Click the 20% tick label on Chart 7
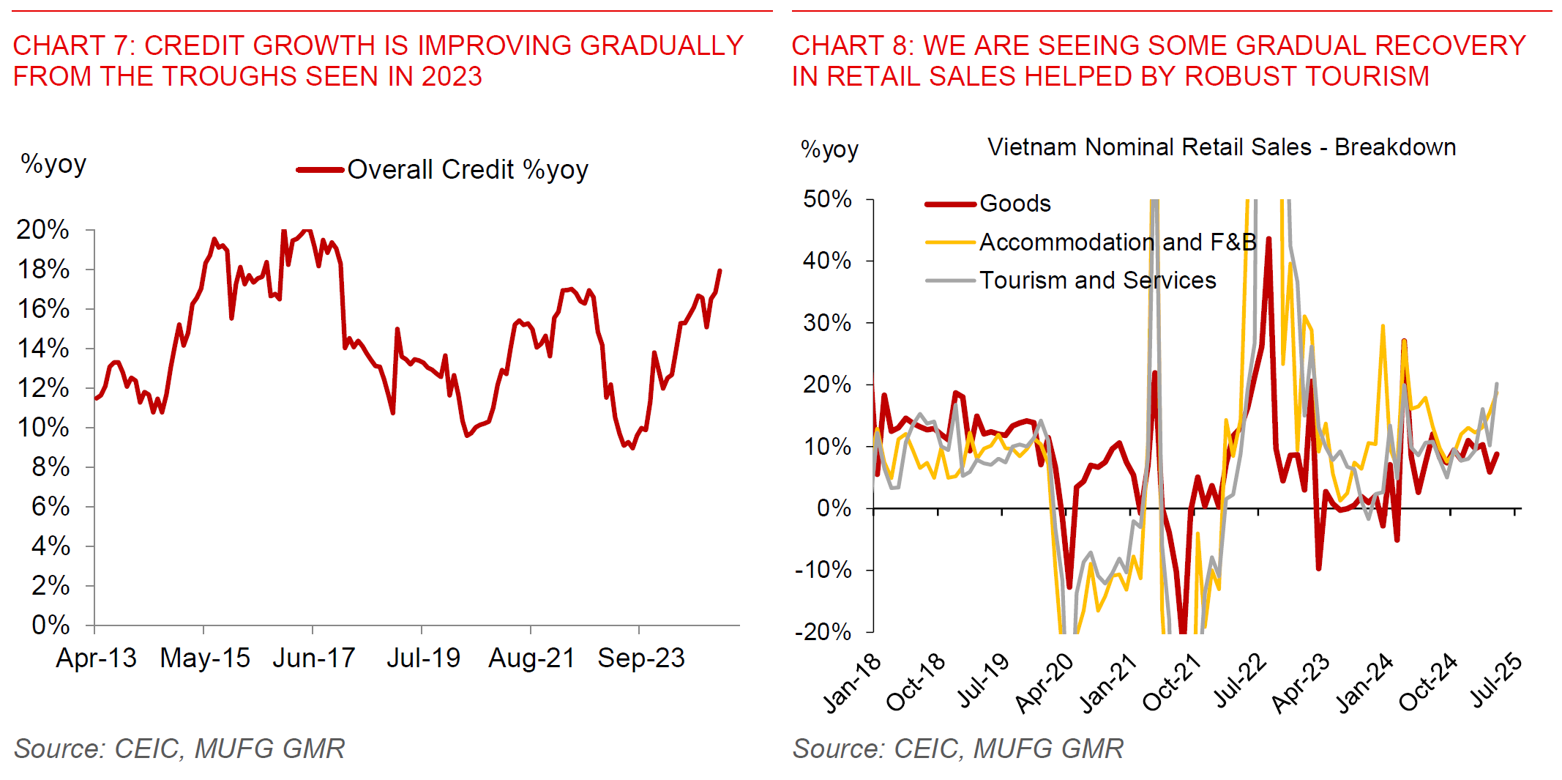pyautogui.click(x=42, y=230)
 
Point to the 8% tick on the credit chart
pyautogui.click(x=50, y=467)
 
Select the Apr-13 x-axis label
pyautogui.click(x=96, y=658)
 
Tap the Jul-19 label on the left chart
pyautogui.click(x=423, y=658)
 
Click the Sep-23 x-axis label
pyautogui.click(x=640, y=658)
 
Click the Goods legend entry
pyautogui.click(x=1014, y=204)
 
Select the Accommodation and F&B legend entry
pyautogui.click(x=1117, y=242)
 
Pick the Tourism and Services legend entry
pyautogui.click(x=1097, y=280)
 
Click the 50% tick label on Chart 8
pyautogui.click(x=827, y=199)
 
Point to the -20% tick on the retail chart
pyautogui.click(x=823, y=631)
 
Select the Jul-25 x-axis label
pyautogui.click(x=1497, y=680)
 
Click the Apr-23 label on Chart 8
pyautogui.click(x=1301, y=683)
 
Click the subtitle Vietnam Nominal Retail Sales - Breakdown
pyautogui.click(x=1221, y=147)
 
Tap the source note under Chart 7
pyautogui.click(x=179, y=749)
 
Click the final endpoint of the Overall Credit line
pyautogui.click(x=720, y=271)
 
